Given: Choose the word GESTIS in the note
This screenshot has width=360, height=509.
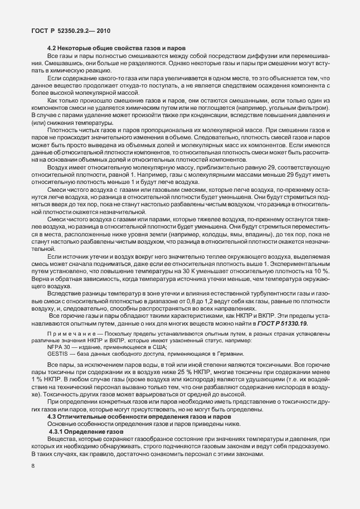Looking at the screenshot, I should [x=58, y=353].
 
